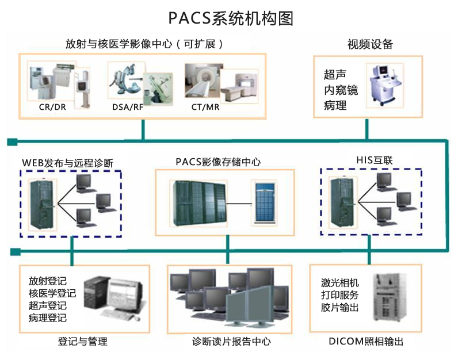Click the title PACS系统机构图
click(231, 18)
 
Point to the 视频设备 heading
click(369, 44)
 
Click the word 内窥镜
click(340, 90)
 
